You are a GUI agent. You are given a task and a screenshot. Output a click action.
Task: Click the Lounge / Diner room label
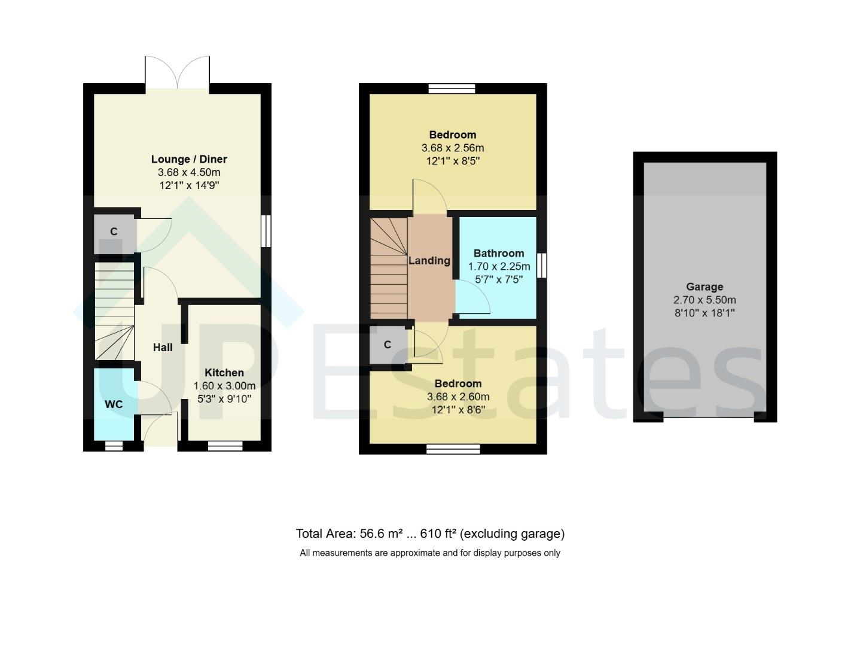click(x=189, y=159)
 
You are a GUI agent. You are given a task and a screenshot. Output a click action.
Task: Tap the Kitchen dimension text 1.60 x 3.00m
click(x=224, y=386)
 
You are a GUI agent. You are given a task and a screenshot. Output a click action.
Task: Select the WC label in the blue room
click(x=114, y=404)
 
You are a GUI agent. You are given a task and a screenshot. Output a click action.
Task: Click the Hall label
click(x=163, y=348)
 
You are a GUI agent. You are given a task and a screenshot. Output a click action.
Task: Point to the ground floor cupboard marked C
click(x=114, y=232)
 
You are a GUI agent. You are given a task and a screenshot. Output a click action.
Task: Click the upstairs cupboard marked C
click(x=388, y=345)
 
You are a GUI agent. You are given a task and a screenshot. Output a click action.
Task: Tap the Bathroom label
click(x=498, y=254)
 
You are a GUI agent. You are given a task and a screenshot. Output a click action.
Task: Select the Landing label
click(x=429, y=261)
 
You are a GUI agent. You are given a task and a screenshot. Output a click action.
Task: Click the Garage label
click(x=705, y=287)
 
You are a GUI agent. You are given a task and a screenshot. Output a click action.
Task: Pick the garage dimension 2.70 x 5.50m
click(x=705, y=300)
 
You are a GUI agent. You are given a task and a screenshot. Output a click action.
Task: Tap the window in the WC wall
click(x=114, y=446)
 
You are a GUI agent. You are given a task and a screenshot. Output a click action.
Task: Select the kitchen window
click(x=225, y=446)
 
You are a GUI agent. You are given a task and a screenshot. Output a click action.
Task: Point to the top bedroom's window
click(x=452, y=89)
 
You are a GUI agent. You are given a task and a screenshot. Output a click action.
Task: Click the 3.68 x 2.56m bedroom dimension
click(x=453, y=148)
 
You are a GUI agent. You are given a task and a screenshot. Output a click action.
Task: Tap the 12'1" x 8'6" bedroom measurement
click(x=458, y=410)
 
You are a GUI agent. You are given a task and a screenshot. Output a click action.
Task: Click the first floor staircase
click(x=389, y=269)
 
